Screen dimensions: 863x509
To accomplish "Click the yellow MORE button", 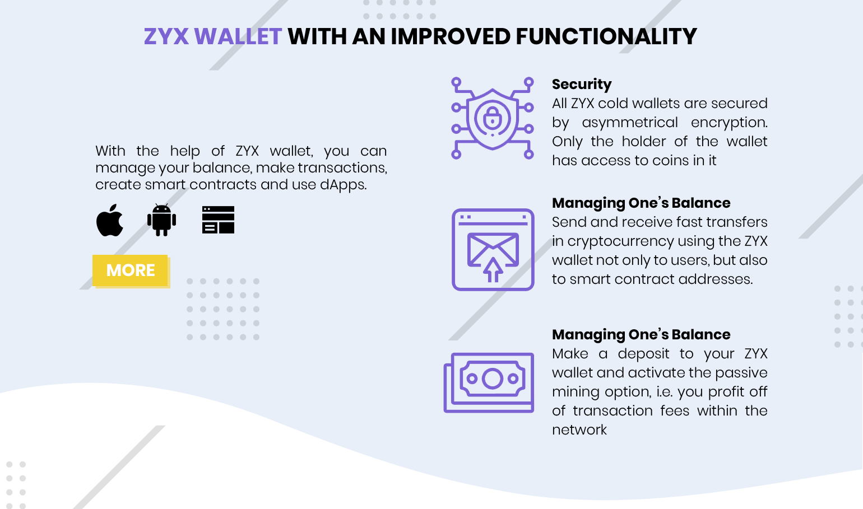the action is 130,270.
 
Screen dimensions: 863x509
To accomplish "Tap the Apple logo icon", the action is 110,220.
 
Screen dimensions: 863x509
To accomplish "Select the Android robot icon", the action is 162,220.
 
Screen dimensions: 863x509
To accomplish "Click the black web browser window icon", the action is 218,220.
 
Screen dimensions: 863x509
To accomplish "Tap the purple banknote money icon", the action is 489,382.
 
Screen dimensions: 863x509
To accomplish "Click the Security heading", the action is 582,85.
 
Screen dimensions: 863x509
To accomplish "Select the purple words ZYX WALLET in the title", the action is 213,36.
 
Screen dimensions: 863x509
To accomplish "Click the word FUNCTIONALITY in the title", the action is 606,36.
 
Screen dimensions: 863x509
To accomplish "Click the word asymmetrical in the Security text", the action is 629,123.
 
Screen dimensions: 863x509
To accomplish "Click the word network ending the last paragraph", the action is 579,429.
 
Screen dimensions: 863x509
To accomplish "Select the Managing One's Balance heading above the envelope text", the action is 641,203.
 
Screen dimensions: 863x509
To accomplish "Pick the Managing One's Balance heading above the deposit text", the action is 641,335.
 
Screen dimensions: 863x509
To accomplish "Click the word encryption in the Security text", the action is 729,123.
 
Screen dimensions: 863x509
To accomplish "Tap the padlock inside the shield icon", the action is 492,118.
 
